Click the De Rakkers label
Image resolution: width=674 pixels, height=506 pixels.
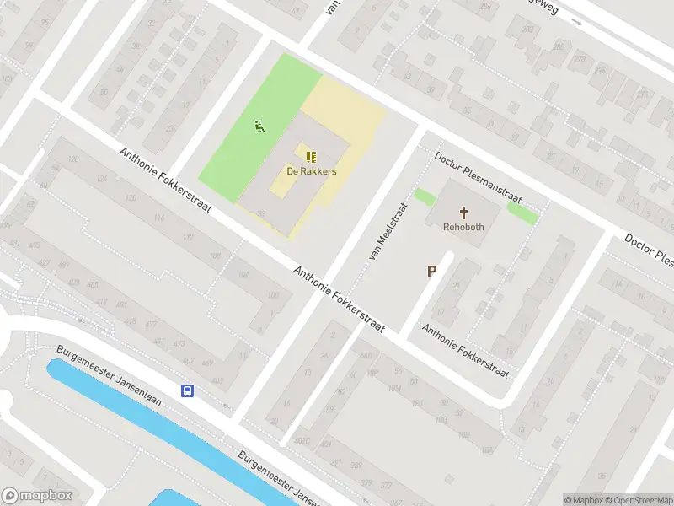coord(310,171)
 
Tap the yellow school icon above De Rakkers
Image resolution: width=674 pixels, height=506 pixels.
coord(310,156)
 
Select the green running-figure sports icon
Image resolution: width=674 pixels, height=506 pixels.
coord(259,127)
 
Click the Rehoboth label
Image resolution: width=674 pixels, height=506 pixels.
coord(463,227)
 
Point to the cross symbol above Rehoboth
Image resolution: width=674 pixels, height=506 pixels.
coord(463,212)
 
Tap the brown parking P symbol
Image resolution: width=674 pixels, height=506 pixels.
coord(432,272)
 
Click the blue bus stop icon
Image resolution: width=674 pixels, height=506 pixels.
coord(187,390)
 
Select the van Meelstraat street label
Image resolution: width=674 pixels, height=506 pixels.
coord(387,230)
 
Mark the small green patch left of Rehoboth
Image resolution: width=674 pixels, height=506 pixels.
coord(425,197)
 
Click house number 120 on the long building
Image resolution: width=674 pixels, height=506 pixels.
coord(131,197)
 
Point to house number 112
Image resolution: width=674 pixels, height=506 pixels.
coord(187,237)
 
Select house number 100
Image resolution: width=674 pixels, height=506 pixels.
coord(272,295)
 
